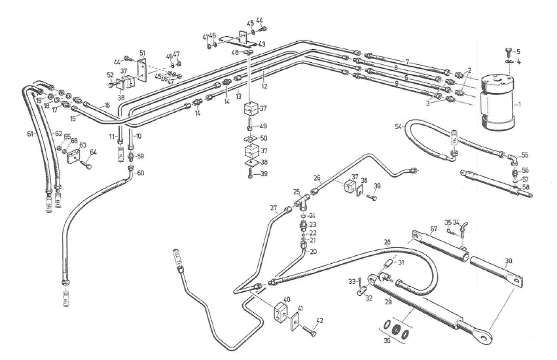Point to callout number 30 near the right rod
coord(509,260)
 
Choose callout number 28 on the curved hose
coord(387,243)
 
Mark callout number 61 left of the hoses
coord(30,134)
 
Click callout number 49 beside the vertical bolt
coord(264,126)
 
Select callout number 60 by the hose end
coord(139,173)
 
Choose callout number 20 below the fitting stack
coord(312,251)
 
